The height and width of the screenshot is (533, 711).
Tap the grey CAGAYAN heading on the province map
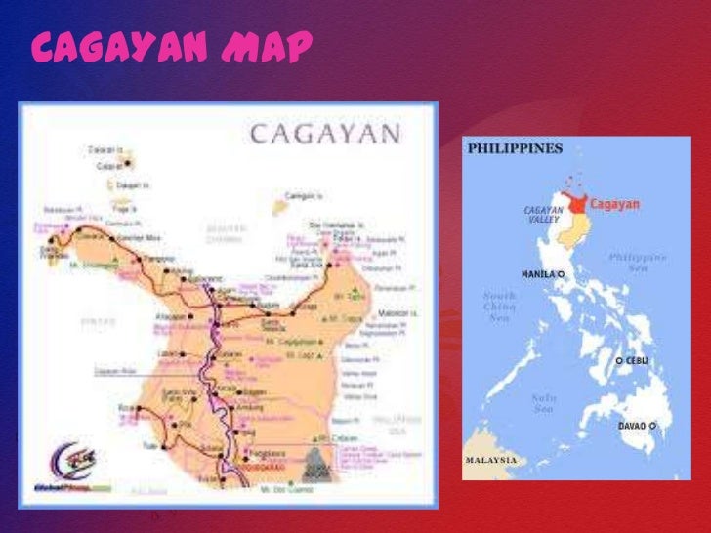pyautogui.click(x=325, y=134)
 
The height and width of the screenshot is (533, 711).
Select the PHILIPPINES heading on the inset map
pyautogui.click(x=514, y=149)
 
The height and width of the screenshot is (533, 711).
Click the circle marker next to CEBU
pyautogui.click(x=619, y=361)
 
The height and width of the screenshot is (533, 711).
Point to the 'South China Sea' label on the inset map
pyautogui.click(x=499, y=305)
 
